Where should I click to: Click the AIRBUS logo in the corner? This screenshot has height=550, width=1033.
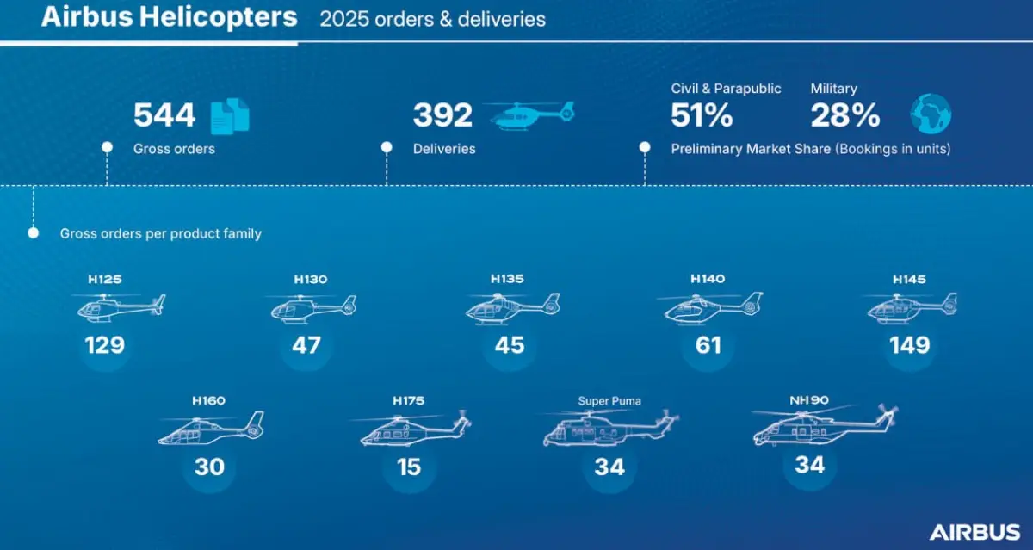coord(974,531)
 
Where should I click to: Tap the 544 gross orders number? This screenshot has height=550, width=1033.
coord(164,115)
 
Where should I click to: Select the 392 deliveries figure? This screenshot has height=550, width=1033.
coord(442,115)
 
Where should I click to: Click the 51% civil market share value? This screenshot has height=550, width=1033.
coord(702,115)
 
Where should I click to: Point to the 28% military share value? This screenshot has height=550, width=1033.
coord(845,115)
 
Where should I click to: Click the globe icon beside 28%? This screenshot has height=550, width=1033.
coord(931,114)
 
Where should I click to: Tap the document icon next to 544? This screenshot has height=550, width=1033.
coord(230,114)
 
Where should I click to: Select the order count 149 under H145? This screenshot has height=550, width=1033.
coord(910,345)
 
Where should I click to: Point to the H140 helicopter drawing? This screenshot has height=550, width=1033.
coord(710,307)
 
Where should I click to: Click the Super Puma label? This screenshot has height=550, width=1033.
coord(609,401)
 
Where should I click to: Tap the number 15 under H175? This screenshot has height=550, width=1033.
coord(409,467)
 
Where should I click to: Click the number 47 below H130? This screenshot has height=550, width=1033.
coord(306,345)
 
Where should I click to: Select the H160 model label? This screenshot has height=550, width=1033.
coord(208,401)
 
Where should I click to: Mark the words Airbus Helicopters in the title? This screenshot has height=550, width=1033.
coord(170,17)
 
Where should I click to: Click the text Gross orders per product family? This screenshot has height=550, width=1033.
coord(160,233)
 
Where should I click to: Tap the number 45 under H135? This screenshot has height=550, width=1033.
coord(510,345)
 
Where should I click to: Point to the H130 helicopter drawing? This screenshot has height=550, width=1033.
coord(311,307)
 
